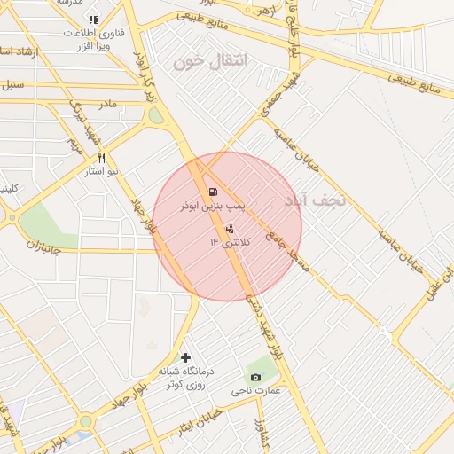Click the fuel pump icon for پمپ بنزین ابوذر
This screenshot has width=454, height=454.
pyautogui.click(x=212, y=192)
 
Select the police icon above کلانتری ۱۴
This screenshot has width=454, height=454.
pyautogui.click(x=231, y=228)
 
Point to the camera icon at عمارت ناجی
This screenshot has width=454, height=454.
pyautogui.click(x=256, y=378)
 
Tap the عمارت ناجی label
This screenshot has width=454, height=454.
pyautogui.click(x=256, y=391)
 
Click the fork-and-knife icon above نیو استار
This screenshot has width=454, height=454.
pyautogui.click(x=101, y=157)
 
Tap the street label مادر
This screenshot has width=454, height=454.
pyautogui.click(x=107, y=105)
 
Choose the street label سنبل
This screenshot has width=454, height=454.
pyautogui.click(x=12, y=87)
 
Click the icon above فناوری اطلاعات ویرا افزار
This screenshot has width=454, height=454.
pyautogui.click(x=93, y=20)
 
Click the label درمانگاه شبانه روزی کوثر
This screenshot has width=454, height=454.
pyautogui.click(x=186, y=378)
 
